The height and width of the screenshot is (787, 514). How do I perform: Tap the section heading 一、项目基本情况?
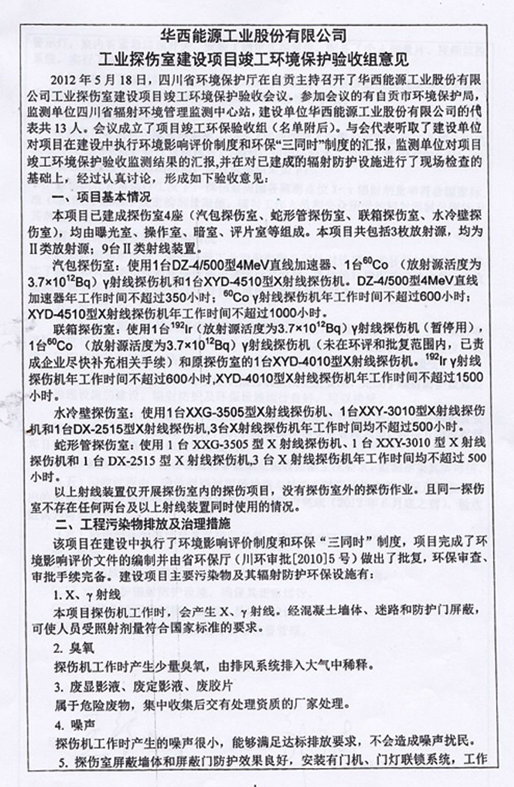click(x=97, y=198)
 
